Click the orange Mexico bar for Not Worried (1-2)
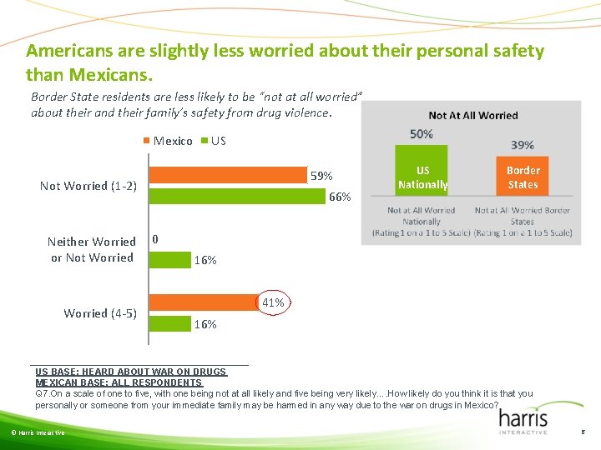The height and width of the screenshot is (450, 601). point(227,175)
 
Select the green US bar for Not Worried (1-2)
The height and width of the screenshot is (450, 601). point(236,197)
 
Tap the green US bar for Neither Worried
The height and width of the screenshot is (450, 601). point(169,260)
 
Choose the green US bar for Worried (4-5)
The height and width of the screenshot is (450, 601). point(169,324)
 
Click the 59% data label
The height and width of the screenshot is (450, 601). point(321,176)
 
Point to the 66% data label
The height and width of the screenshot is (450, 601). point(340,197)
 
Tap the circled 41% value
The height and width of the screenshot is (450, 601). point(273,302)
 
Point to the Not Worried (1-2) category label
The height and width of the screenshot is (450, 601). point(88,186)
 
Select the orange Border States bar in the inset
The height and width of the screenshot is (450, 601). point(523,178)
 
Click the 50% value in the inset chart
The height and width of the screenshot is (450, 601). point(421,134)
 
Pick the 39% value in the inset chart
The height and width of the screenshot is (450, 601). point(523,145)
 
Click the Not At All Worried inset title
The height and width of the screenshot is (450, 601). point(472,116)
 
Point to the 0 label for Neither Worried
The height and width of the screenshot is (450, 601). point(154,240)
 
